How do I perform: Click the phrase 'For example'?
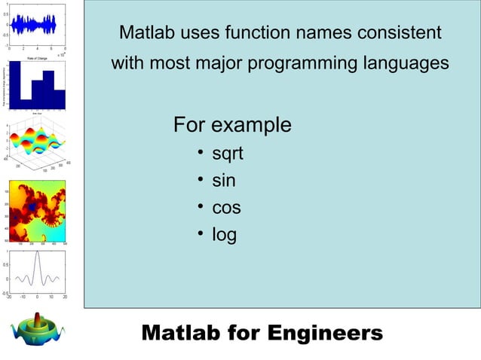(x=231, y=124)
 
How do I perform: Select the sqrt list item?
(x=227, y=155)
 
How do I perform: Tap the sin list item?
(x=223, y=181)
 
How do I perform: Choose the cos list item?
(x=226, y=208)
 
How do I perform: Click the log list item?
(x=224, y=235)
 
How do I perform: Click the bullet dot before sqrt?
(x=201, y=154)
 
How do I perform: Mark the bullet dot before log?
(x=201, y=234)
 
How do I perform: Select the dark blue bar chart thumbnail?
(x=38, y=84)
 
